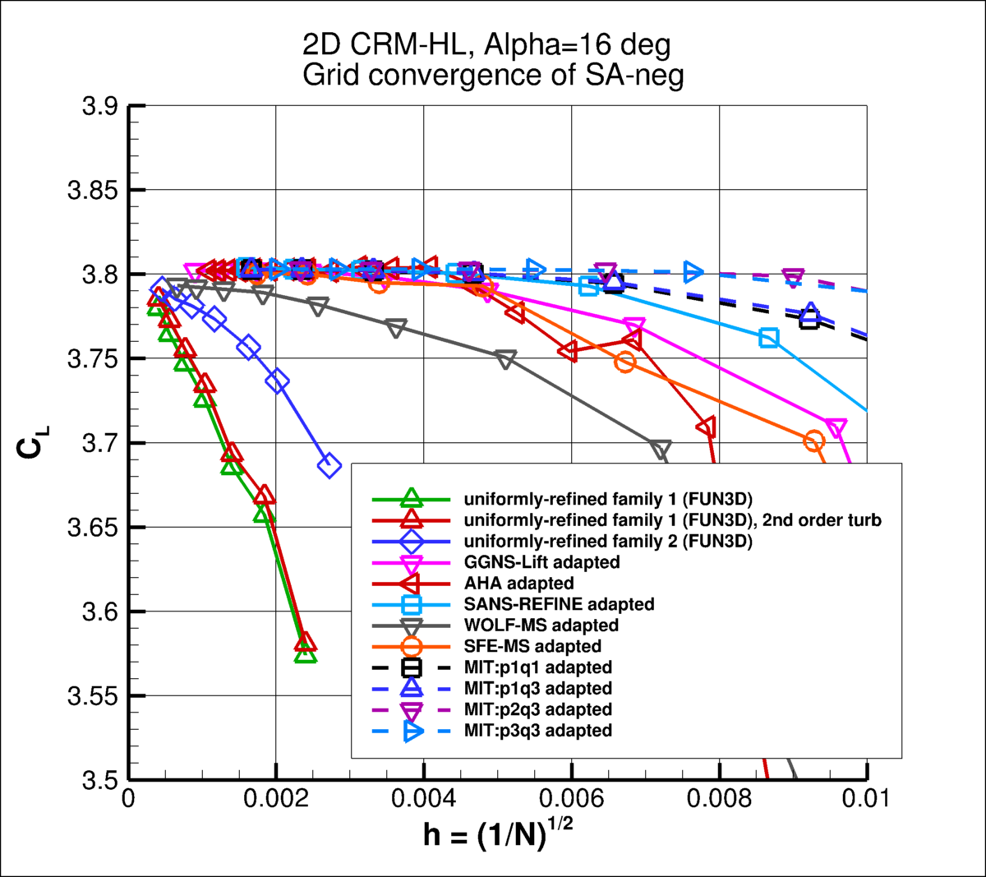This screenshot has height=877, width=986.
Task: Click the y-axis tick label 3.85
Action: click(x=93, y=191)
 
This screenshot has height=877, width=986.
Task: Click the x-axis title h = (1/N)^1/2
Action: click(x=498, y=833)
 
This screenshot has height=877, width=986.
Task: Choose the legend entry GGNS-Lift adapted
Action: click(x=541, y=562)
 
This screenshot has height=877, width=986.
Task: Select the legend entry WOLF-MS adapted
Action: click(x=541, y=625)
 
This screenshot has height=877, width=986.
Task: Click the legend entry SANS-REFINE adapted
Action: click(x=559, y=604)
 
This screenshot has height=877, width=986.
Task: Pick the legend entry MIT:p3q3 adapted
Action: click(x=537, y=730)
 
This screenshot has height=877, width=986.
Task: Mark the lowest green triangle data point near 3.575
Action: click(x=306, y=653)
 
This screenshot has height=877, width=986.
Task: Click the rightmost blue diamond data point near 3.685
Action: click(x=329, y=466)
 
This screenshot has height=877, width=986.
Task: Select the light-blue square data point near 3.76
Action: click(x=768, y=338)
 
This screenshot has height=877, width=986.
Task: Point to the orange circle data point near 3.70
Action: click(x=813, y=441)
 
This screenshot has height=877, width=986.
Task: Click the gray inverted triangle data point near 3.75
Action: click(x=506, y=359)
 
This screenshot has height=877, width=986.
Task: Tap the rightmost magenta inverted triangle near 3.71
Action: click(x=836, y=428)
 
